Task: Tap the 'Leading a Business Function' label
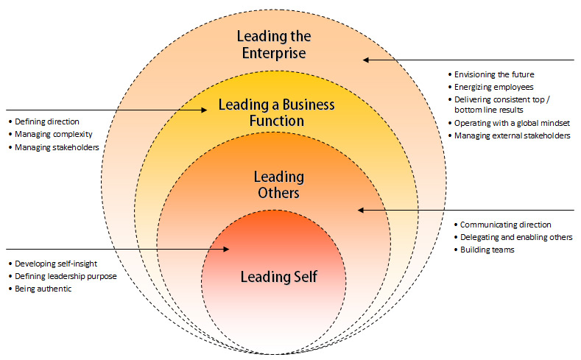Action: (x=276, y=112)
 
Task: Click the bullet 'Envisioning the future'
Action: (x=494, y=74)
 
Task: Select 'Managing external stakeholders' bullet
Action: (x=513, y=135)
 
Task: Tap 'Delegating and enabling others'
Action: (x=515, y=237)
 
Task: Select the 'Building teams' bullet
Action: (x=487, y=250)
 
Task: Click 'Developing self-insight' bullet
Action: (x=56, y=263)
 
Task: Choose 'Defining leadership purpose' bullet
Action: (x=66, y=276)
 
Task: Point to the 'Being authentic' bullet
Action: (x=45, y=289)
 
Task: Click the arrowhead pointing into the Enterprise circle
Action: (x=366, y=60)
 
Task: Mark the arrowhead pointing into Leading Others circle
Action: (x=362, y=211)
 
